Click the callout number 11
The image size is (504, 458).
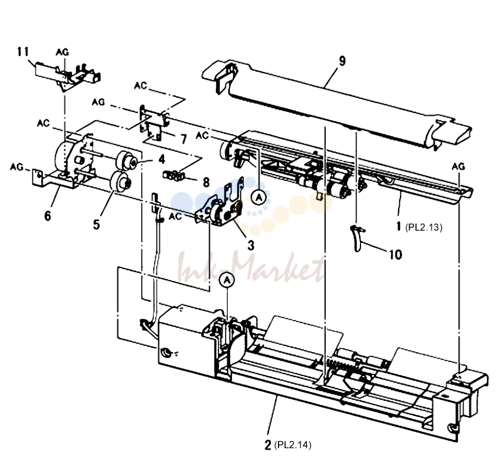(x=23, y=52)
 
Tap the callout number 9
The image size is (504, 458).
(x=342, y=61)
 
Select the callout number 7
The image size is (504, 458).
(x=183, y=139)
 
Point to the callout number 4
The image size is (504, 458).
(x=162, y=159)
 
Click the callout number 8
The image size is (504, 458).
(x=206, y=182)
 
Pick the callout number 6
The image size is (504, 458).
(x=47, y=216)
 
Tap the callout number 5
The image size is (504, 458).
(x=97, y=224)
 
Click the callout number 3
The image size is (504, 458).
(x=251, y=245)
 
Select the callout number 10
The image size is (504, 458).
(x=396, y=255)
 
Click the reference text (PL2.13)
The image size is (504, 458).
(x=424, y=227)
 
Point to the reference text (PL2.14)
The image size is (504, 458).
(x=292, y=445)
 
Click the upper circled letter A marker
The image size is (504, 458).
(x=259, y=197)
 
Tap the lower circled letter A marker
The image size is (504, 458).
(x=227, y=280)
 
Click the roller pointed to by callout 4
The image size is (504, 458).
(x=127, y=160)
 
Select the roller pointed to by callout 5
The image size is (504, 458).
(x=120, y=182)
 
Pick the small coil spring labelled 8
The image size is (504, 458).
(x=174, y=175)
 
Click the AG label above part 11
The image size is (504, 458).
(x=63, y=52)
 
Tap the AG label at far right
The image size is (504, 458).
(x=458, y=166)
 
